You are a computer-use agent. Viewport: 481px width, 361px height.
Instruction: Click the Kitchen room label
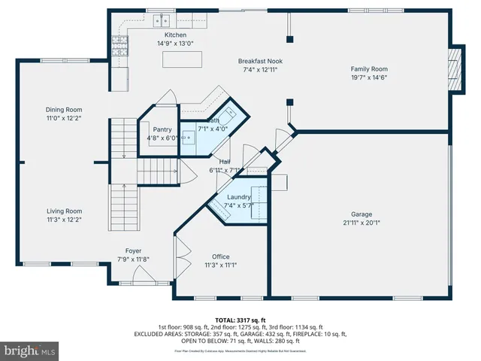click(175, 35)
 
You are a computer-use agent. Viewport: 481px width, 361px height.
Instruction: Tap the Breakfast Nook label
click(260, 61)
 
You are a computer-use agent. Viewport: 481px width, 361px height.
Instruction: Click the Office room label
click(220, 256)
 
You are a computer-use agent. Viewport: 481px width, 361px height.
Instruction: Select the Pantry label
click(162, 129)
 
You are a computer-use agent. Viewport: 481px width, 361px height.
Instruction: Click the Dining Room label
click(63, 110)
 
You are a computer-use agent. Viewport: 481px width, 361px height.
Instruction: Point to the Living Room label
click(64, 211)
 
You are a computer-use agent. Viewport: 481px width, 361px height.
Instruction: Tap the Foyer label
click(133, 250)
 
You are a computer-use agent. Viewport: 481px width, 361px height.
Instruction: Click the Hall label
click(225, 162)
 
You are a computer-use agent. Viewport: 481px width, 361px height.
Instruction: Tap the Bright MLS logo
click(30, 350)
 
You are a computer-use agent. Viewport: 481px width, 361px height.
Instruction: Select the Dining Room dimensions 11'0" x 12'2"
click(63, 118)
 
